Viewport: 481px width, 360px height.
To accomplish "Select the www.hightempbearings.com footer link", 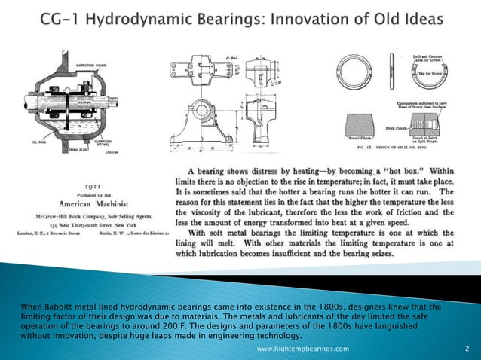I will pos(303,349).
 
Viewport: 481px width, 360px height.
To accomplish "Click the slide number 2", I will pos(467,349).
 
